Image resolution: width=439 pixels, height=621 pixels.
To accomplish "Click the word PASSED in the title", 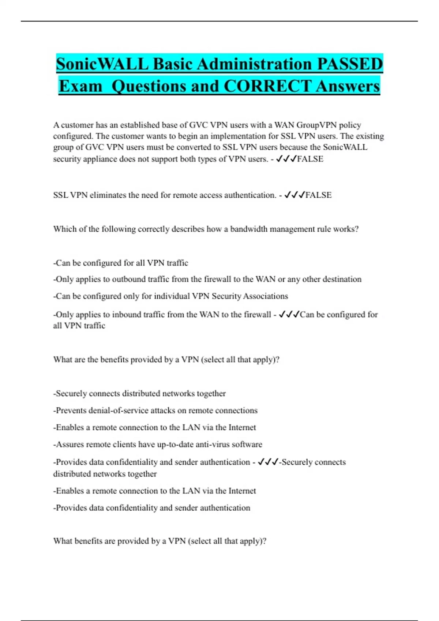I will tap(350, 64).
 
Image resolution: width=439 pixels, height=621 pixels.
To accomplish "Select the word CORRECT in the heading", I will tap(267, 87).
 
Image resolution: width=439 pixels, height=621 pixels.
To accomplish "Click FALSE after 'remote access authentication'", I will tap(318, 195).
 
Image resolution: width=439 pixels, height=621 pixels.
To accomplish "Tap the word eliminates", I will tap(108, 195).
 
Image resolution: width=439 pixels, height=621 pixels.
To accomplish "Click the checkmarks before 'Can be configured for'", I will tap(289, 315).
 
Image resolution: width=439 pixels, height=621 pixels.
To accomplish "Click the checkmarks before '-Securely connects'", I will tap(268, 462).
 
